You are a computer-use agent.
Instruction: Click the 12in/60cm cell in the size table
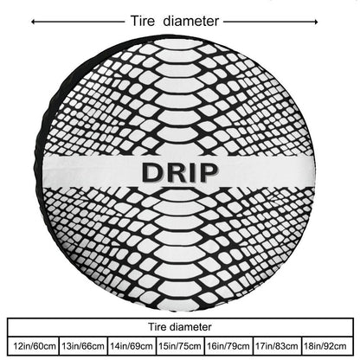(34, 346)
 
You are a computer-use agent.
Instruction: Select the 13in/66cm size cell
(83, 346)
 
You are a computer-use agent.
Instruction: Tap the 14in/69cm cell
(132, 346)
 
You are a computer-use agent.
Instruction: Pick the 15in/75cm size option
(180, 346)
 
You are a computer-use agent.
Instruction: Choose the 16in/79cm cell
(228, 346)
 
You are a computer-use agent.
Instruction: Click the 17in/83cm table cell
(277, 346)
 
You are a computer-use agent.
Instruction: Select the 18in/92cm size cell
(327, 346)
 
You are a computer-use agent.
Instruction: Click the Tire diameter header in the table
(180, 327)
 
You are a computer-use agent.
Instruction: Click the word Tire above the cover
(143, 21)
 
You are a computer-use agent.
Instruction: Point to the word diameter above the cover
(191, 21)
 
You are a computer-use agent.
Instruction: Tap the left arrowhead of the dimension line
(33, 22)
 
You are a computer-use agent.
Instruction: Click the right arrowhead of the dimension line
(316, 22)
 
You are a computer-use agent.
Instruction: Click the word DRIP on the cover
(179, 172)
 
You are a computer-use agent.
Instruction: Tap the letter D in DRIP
(151, 172)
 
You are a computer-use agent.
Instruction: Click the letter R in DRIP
(176, 172)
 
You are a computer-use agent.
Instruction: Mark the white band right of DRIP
(267, 172)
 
